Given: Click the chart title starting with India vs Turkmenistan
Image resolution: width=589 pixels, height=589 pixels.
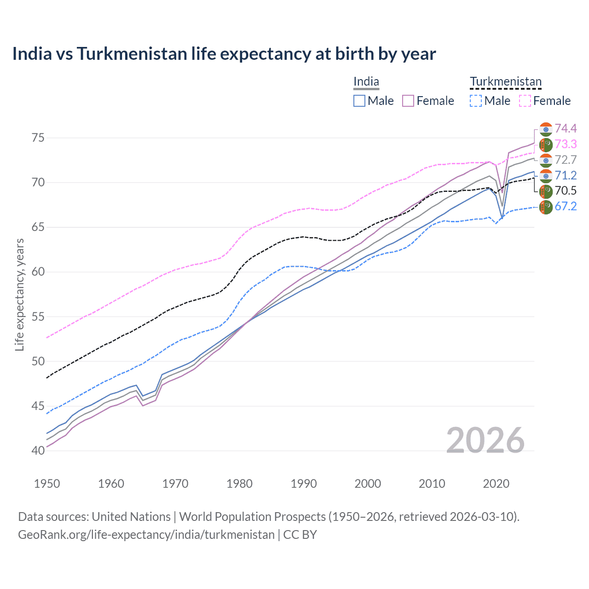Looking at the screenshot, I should click(224, 54).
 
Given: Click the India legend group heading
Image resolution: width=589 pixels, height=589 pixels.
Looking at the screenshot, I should click(366, 82).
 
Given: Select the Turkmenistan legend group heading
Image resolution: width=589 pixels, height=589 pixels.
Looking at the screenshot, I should click(506, 82).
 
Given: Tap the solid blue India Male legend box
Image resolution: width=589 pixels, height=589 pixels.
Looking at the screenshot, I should click(359, 101).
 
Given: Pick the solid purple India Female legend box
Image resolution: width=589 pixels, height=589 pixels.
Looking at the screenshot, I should click(408, 101).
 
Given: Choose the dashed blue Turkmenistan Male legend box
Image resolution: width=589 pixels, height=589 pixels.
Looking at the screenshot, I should click(476, 101).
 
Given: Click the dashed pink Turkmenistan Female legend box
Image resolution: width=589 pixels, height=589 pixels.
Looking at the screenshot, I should click(525, 101).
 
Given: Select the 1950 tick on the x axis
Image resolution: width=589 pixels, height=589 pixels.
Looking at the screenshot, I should click(47, 484).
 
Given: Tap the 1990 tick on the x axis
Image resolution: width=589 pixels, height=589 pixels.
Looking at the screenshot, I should click(304, 484).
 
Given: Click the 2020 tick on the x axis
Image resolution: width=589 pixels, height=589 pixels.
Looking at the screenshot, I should click(496, 484).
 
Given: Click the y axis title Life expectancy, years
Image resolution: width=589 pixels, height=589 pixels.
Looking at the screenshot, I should click(19, 294).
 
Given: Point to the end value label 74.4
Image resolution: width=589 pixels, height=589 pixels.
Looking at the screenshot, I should click(566, 128).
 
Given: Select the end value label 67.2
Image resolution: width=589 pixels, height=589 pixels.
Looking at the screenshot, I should click(566, 206).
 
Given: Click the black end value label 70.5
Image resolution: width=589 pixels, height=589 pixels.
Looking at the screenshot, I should click(566, 191).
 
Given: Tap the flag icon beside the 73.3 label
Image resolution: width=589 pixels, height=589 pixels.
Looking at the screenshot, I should click(546, 144).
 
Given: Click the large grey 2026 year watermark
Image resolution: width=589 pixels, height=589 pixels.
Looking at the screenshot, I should click(485, 440).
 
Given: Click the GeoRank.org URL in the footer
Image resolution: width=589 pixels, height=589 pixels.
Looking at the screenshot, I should click(146, 535).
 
